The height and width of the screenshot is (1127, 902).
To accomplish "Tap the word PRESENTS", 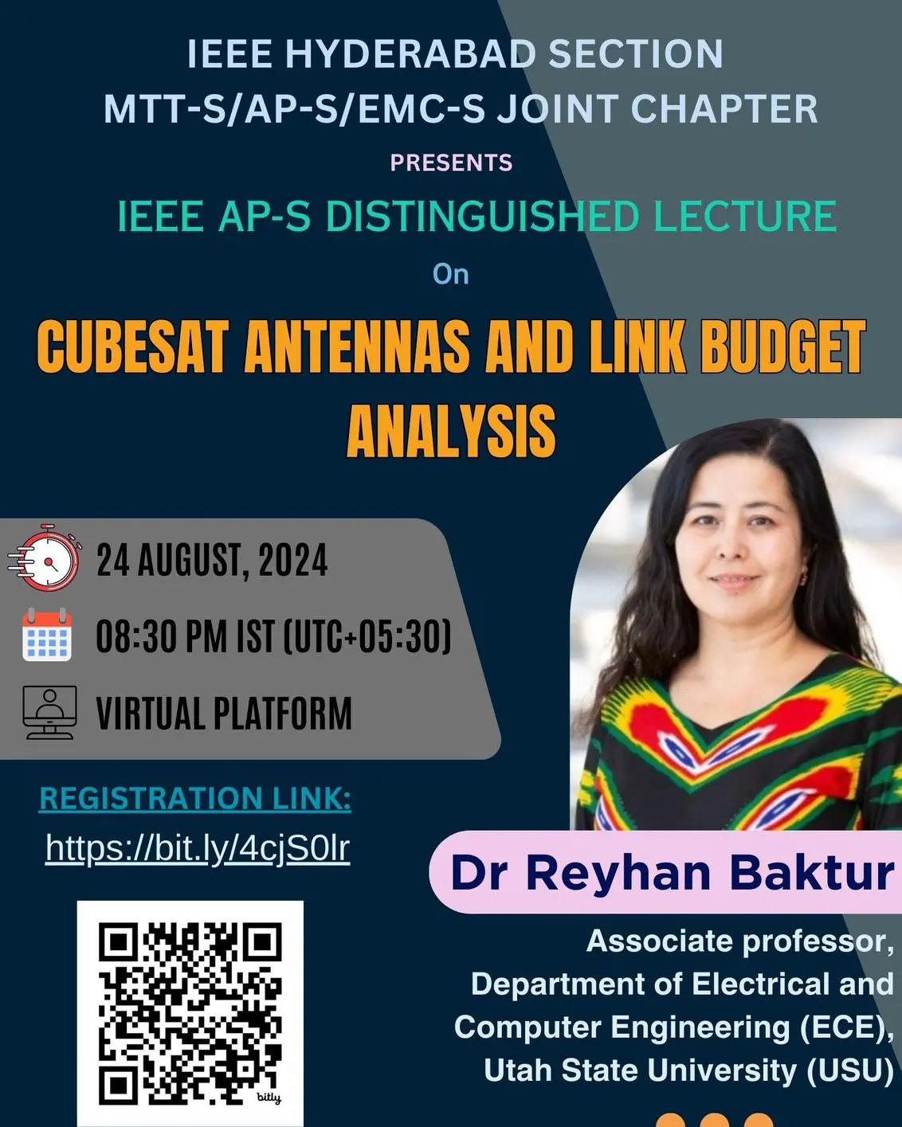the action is [x=451, y=162].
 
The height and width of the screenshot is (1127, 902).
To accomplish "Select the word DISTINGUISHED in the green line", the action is [x=482, y=216].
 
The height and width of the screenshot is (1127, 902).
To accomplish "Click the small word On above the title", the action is [x=451, y=275].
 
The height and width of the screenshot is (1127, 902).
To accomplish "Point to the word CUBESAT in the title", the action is [x=133, y=347].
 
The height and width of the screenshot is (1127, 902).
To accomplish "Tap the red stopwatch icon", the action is [x=45, y=557].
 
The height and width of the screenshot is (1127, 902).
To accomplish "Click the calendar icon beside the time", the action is [x=47, y=635].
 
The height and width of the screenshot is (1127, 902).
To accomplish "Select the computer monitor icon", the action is [x=49, y=712].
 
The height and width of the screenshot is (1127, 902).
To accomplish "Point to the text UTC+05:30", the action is [x=367, y=636].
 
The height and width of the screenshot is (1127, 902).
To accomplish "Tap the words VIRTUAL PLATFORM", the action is [x=224, y=713].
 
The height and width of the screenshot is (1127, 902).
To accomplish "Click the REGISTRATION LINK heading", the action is [x=195, y=799].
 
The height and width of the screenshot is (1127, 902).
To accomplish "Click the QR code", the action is [x=190, y=1014].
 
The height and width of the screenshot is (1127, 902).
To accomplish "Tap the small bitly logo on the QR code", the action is [x=269, y=1098].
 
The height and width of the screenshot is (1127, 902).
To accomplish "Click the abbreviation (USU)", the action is [x=850, y=1070].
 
